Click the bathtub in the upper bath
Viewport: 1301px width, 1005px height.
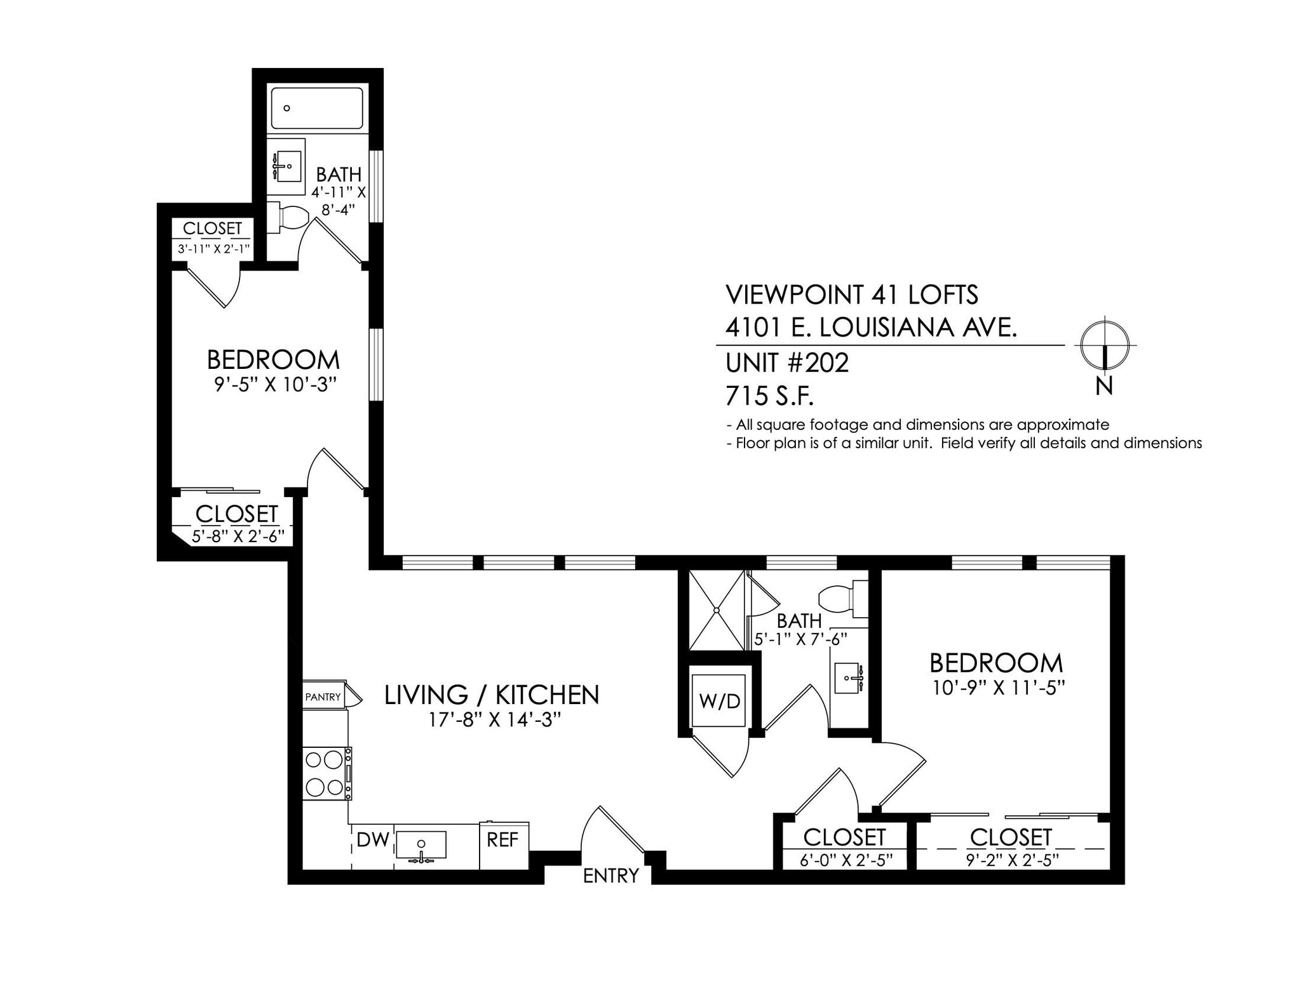tap(317, 109)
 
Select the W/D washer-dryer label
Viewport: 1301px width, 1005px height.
tap(719, 701)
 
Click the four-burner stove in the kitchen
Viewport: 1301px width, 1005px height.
tap(325, 773)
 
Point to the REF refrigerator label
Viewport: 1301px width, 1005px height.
tap(502, 840)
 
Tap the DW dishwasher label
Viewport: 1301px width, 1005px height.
tap(372, 840)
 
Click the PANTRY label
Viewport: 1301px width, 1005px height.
tap(323, 697)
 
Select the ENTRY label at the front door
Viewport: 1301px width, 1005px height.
tap(610, 876)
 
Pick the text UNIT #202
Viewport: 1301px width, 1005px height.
tap(786, 364)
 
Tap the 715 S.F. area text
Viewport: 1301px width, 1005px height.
tap(769, 397)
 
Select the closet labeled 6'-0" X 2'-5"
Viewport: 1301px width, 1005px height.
tap(844, 847)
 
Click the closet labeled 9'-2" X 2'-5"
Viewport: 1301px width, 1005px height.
tap(1011, 847)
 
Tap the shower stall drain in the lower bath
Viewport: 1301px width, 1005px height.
tap(717, 610)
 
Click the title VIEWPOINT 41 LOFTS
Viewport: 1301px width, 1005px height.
tap(851, 295)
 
